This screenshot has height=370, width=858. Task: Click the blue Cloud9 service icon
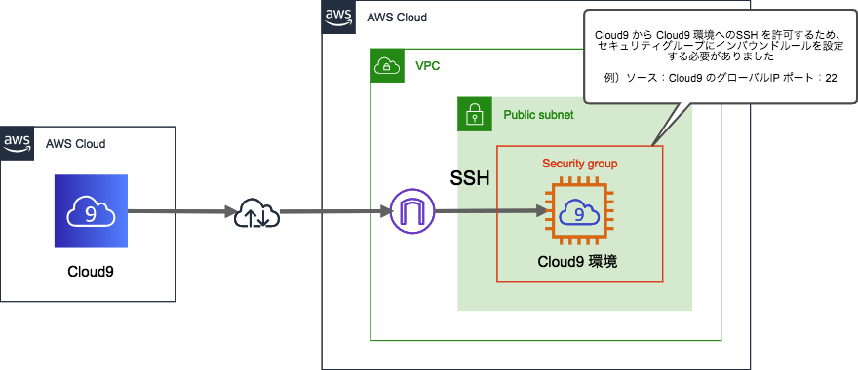pyautogui.click(x=91, y=212)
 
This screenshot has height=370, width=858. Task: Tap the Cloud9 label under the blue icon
pyautogui.click(x=91, y=269)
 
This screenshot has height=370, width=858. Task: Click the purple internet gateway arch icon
pyautogui.click(x=409, y=212)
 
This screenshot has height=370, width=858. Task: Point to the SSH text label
pyautogui.click(x=469, y=180)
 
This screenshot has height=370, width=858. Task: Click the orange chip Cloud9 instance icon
pyautogui.click(x=578, y=212)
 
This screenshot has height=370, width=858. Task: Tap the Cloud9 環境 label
pyautogui.click(x=577, y=262)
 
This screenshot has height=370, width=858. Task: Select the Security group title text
pyautogui.click(x=579, y=162)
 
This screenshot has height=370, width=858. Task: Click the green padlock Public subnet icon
pyautogui.click(x=476, y=115)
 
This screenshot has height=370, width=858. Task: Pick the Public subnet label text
pyautogui.click(x=538, y=115)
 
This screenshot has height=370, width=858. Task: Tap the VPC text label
pyautogui.click(x=427, y=68)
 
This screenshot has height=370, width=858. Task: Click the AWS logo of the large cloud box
pyautogui.click(x=338, y=17)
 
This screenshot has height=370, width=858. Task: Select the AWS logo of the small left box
pyautogui.click(x=17, y=143)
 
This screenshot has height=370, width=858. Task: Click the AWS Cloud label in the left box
pyautogui.click(x=76, y=144)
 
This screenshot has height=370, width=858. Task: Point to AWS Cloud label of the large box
pyautogui.click(x=397, y=18)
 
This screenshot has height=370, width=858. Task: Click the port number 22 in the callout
pyautogui.click(x=831, y=78)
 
